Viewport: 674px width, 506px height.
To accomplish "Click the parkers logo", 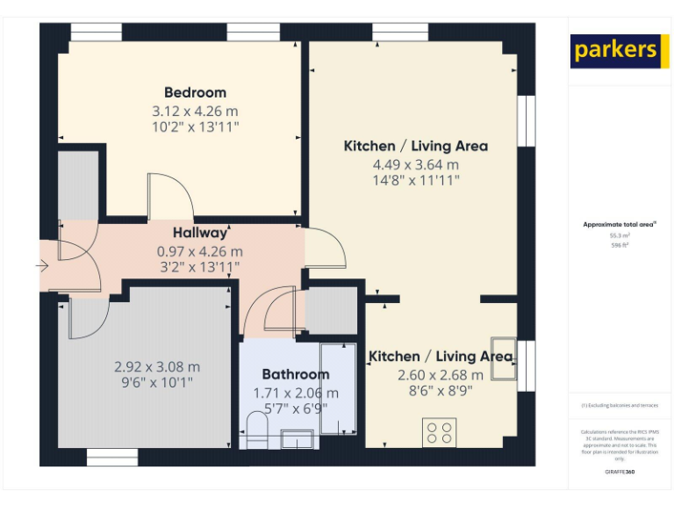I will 615,50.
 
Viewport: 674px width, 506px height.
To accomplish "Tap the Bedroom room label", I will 195,92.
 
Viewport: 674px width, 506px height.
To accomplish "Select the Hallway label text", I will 199,233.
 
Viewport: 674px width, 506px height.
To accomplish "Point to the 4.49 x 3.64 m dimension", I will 415,164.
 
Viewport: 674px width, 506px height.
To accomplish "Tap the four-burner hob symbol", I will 440,431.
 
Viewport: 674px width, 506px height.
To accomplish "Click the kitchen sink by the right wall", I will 504,357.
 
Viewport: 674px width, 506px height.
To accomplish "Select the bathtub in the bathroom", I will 337,388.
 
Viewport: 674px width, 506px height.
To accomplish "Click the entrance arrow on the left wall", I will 43,264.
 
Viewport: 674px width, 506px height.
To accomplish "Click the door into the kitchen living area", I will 325,249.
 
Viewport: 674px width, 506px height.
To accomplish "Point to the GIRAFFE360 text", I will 620,472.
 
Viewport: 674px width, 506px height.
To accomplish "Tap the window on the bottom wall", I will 112,457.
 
